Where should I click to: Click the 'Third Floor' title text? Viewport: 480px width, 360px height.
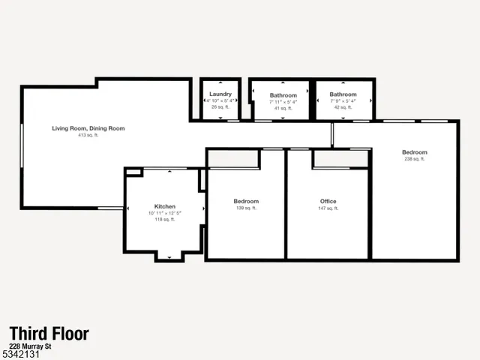(49, 334)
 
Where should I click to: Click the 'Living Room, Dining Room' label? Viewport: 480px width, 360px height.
(88, 128)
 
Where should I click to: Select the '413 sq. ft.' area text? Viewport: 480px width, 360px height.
(88, 136)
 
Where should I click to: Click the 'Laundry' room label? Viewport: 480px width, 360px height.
(220, 94)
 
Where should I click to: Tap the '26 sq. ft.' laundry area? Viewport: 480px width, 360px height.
(220, 108)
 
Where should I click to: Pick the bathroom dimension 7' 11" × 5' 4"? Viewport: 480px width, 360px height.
(283, 102)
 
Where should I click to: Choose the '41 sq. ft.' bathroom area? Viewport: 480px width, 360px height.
(283, 109)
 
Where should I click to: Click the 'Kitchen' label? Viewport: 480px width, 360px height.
(165, 206)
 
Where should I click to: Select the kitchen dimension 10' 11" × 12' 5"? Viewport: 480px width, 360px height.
(165, 213)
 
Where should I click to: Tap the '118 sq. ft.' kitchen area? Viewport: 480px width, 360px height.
(165, 220)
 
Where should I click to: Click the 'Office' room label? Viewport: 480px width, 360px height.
(328, 201)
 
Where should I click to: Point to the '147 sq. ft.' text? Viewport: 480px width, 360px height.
(328, 208)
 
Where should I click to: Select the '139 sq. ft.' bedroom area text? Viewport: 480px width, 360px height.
(246, 208)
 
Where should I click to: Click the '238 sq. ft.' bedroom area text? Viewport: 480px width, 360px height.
(415, 159)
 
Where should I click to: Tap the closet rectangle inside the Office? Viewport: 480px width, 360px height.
(340, 159)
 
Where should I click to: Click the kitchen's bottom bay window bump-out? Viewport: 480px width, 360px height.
(169, 256)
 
